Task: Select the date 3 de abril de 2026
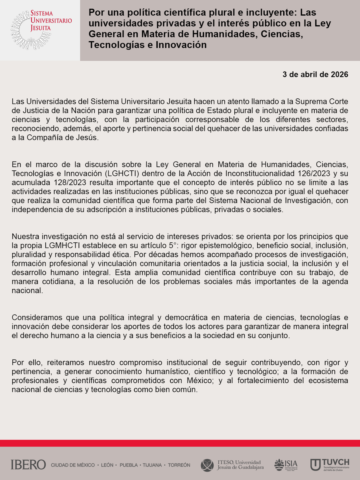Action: [x=315, y=75]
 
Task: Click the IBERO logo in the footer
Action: [x=28, y=465]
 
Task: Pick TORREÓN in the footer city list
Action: [x=179, y=465]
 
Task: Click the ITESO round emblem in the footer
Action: [x=207, y=465]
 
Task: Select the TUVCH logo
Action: [x=330, y=465]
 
